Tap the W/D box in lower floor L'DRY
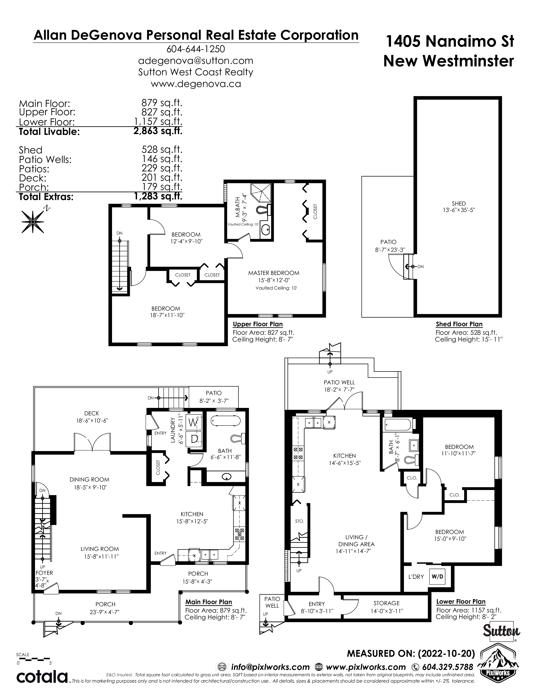tap(437, 577)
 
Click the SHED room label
tap(459, 203)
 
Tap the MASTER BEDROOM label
tap(274, 273)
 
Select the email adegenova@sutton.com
tap(196, 61)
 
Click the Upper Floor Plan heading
tap(258, 324)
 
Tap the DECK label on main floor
tap(92, 413)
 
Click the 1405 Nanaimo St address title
tap(450, 41)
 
